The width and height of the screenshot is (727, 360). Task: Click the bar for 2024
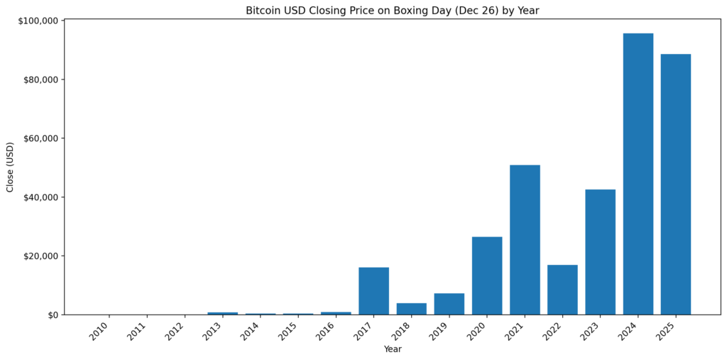click(638, 174)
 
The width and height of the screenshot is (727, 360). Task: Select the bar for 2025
click(675, 184)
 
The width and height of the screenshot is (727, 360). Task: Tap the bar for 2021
click(525, 239)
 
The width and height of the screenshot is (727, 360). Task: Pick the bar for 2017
click(373, 290)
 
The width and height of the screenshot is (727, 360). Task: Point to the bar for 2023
click(600, 251)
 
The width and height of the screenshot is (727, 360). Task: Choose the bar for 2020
click(487, 276)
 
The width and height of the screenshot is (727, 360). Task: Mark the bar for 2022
click(562, 289)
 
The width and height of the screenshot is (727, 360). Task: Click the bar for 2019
click(449, 304)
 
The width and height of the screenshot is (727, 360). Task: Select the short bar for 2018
click(411, 309)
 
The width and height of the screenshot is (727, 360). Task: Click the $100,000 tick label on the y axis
click(39, 21)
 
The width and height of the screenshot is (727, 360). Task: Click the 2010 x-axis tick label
click(100, 330)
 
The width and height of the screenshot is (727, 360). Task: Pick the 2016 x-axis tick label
click(327, 330)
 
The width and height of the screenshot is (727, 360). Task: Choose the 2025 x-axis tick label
click(667, 330)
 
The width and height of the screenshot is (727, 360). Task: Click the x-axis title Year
click(393, 349)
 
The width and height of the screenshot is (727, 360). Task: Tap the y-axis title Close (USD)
click(10, 167)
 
